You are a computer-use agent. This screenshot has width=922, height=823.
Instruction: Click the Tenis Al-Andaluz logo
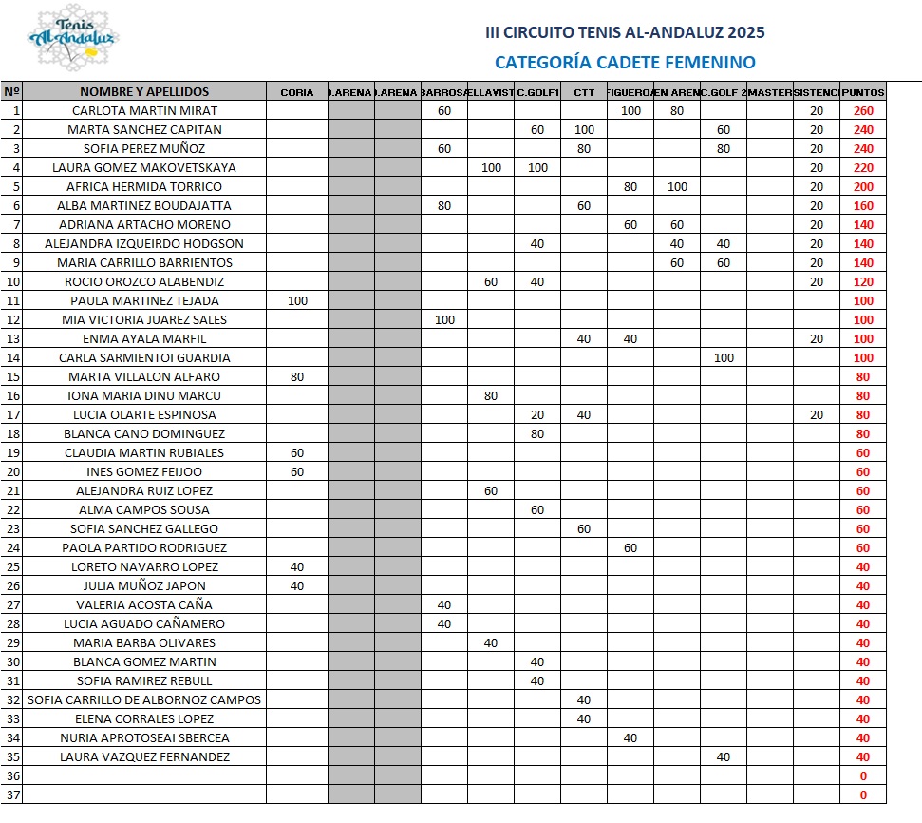73,39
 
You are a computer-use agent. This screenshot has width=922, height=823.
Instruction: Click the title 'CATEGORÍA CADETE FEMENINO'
625,63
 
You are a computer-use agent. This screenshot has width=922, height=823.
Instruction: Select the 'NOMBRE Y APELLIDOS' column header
144,92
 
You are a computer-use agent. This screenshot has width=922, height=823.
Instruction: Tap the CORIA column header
297,92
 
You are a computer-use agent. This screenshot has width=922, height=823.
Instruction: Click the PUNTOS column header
863,92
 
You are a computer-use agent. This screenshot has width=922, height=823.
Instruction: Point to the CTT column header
584,92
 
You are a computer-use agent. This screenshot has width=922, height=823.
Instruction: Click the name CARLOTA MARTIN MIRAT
144,111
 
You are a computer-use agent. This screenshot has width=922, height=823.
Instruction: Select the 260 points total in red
863,111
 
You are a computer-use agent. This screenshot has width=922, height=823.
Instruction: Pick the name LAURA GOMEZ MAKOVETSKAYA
144,168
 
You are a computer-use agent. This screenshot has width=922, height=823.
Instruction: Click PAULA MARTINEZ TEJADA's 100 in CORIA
297,301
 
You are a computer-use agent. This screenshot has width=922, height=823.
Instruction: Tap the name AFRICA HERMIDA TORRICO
144,187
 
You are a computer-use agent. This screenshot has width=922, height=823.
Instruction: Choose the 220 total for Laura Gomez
863,168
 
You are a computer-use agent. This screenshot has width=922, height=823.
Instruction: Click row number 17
12,415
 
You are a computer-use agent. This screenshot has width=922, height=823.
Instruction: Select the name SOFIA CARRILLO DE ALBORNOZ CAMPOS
144,700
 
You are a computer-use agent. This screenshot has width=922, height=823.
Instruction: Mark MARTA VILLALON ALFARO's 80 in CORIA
297,377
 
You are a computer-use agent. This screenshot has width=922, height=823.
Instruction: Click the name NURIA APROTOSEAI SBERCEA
144,738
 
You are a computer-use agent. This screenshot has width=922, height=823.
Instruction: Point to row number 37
12,795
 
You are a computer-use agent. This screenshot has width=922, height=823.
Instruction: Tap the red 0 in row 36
863,776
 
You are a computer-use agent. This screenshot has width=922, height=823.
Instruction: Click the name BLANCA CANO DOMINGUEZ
144,434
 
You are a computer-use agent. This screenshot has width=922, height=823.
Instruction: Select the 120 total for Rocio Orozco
863,282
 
